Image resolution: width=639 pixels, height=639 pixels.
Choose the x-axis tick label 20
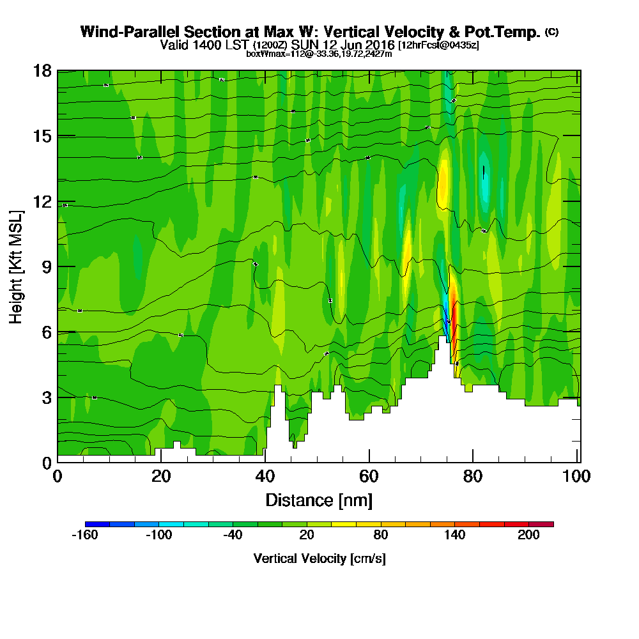pyautogui.click(x=161, y=477)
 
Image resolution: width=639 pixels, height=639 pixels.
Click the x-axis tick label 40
pyautogui.click(x=265, y=477)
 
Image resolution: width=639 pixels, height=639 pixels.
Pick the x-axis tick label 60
pyautogui.click(x=369, y=477)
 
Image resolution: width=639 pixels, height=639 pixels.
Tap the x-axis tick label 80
pyautogui.click(x=473, y=477)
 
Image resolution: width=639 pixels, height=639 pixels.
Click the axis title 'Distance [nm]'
pyautogui.click(x=319, y=500)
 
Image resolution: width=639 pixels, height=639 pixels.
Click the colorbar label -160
pyautogui.click(x=85, y=535)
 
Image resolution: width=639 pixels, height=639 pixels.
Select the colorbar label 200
pyautogui.click(x=529, y=535)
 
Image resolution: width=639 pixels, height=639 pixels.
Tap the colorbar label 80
pyautogui.click(x=381, y=535)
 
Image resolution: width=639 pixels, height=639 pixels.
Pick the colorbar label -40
pyautogui.click(x=233, y=535)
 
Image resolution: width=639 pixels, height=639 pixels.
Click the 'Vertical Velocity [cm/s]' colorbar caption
pyautogui.click(x=319, y=558)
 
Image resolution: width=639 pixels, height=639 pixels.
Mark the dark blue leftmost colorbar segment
pyautogui.click(x=97, y=524)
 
